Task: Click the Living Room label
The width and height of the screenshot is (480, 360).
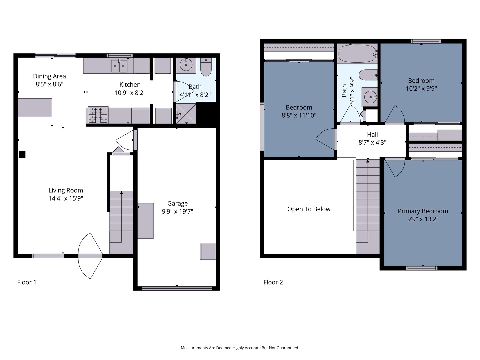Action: pos(66,190)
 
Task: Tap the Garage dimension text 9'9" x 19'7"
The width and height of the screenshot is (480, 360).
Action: pos(177,212)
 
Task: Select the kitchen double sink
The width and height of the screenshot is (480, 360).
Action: pos(119,66)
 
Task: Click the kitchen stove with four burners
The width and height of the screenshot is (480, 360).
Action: pos(98,115)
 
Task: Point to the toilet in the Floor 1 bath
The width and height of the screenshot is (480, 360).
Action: pos(206,67)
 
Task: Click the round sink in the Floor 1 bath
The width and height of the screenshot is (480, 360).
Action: pos(186,64)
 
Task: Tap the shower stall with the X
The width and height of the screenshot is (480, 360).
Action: pos(186,114)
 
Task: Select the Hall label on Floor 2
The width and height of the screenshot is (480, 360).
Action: pos(372,134)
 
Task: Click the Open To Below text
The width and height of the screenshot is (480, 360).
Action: pos(309,209)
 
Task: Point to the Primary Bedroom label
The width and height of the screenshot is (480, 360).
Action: pos(423,211)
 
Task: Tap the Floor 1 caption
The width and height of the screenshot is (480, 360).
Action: pos(27,282)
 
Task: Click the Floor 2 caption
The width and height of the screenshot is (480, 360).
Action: pos(273,282)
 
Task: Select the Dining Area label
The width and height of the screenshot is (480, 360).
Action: pos(49,76)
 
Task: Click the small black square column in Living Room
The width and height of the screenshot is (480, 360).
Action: pos(22,155)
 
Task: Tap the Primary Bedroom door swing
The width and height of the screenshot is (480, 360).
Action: pos(395,168)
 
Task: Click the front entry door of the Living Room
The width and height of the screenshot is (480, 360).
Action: pos(90,256)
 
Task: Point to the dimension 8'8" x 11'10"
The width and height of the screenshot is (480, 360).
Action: pos(299,115)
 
